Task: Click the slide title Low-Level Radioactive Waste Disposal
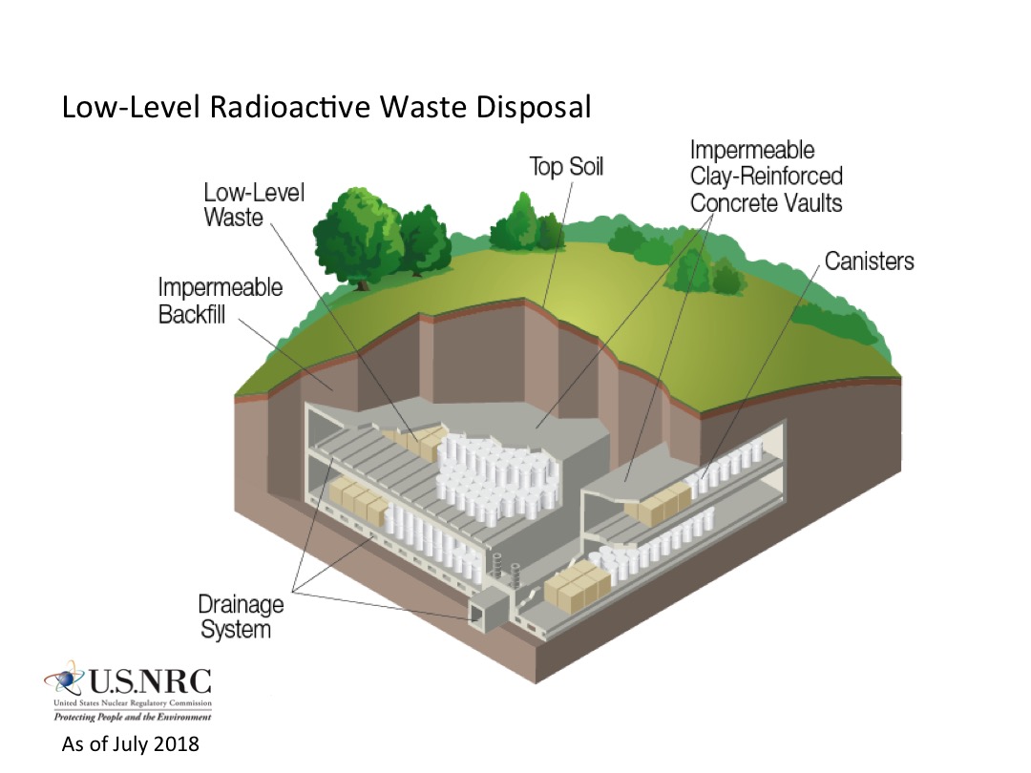tap(326, 107)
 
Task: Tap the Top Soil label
tap(567, 167)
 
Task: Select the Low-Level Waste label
tap(254, 204)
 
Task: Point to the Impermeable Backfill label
tap(220, 300)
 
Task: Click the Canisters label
tap(869, 261)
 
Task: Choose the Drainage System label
tap(241, 616)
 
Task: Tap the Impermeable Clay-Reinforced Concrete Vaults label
tap(766, 177)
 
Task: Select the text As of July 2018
tap(130, 744)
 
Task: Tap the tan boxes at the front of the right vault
tap(578, 584)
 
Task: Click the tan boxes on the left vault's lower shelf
tap(356, 498)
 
